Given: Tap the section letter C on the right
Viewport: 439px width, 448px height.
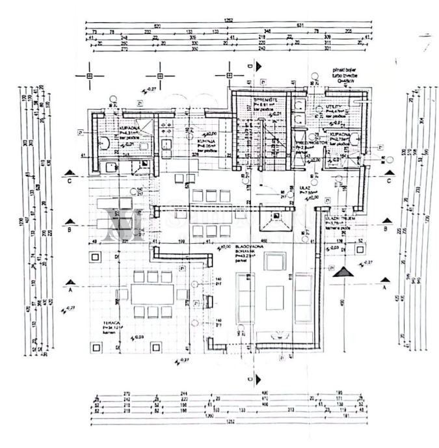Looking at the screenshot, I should coord(389,181).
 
